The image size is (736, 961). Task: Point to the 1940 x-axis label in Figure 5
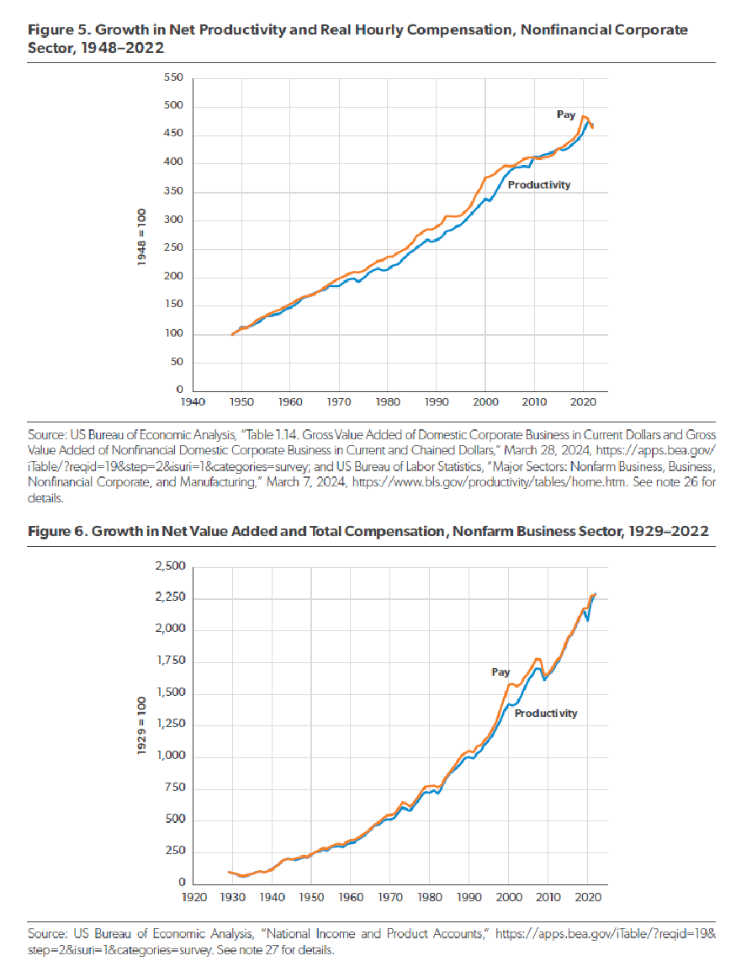193,403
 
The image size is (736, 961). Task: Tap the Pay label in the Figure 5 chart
565,114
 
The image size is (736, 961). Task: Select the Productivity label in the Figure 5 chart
539,184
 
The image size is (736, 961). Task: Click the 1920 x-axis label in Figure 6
194,896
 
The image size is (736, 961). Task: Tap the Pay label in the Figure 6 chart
500,672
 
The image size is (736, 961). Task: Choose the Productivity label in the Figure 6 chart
546,713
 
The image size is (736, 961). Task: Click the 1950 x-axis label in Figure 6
312,896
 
